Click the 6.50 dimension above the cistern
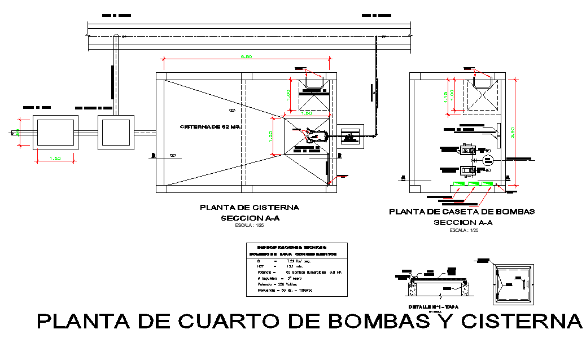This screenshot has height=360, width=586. [x=246, y=56]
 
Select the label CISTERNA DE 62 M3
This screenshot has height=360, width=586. [x=211, y=127]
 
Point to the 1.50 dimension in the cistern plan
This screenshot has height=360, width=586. [x=307, y=113]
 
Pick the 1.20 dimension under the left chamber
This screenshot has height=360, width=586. [x=55, y=159]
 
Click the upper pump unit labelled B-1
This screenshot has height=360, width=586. [x=467, y=150]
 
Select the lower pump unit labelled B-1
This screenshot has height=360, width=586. [x=467, y=169]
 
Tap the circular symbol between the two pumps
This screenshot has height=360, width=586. [x=488, y=160]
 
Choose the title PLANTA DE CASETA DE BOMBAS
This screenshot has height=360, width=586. [x=462, y=212]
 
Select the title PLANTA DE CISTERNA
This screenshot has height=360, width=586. [x=248, y=208]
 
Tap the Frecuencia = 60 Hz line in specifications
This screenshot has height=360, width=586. [x=281, y=290]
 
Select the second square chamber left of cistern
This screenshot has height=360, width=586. [x=116, y=133]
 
